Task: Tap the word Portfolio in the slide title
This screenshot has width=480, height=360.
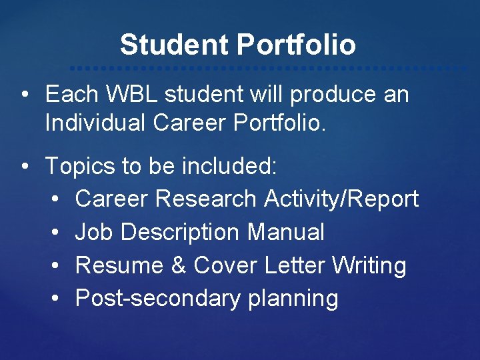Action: (296, 45)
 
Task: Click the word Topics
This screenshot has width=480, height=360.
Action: (79, 166)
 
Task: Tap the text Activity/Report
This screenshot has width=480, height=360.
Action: (341, 199)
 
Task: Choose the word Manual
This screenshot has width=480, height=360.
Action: (286, 232)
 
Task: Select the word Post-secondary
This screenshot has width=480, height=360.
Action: (157, 299)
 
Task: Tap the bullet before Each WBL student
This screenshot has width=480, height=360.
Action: (23, 95)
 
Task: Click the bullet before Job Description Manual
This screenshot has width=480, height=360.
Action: (55, 233)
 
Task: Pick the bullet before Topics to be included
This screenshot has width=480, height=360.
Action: (23, 167)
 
